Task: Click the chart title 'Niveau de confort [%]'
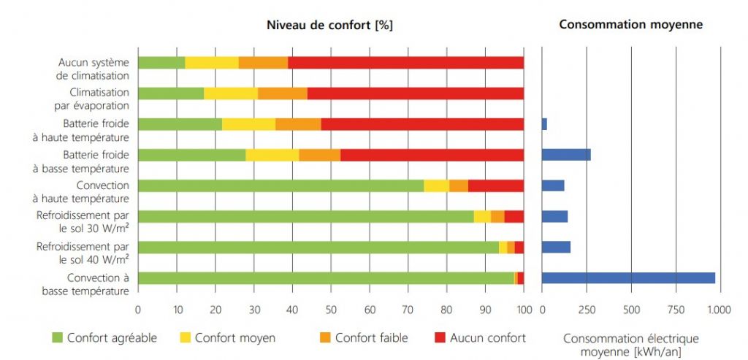coord(329,25)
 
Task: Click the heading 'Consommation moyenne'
coord(630,25)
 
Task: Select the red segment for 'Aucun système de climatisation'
coord(405,63)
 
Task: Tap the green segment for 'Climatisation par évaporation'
coord(170,93)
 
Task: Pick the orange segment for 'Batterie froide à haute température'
coord(298,124)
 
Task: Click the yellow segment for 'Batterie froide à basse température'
coord(272,155)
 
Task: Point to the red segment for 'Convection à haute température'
coord(495,185)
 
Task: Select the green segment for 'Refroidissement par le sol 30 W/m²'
coord(305,216)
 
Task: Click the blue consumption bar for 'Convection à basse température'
coord(628,277)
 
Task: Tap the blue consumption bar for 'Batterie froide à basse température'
coord(566,155)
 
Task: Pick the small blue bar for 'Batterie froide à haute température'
coord(544,124)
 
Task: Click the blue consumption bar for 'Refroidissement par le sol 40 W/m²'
coord(556,247)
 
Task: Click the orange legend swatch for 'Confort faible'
coord(324,337)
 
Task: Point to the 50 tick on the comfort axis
coord(331,309)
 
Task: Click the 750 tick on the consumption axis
coord(676,309)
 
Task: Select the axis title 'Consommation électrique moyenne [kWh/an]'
coord(630,345)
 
